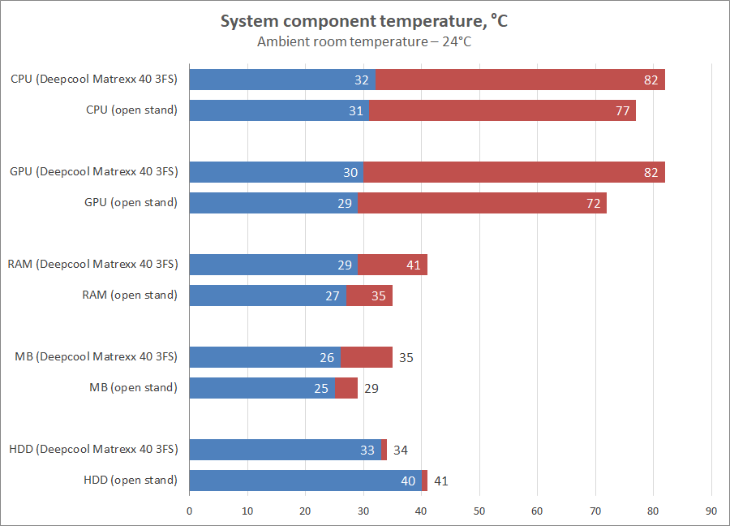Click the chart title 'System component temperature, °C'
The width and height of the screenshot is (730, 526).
click(364, 22)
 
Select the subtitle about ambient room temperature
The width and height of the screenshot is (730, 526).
click(364, 41)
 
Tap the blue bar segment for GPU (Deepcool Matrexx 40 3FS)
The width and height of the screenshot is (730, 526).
click(276, 172)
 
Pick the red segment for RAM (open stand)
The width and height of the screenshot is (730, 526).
click(369, 295)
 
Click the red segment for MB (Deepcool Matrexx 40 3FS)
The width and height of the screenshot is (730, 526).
click(367, 357)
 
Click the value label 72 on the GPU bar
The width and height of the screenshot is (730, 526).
click(594, 204)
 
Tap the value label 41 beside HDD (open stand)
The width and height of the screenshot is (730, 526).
click(440, 481)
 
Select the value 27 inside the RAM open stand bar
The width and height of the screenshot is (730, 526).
click(333, 296)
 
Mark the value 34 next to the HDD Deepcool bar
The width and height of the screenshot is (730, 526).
click(400, 451)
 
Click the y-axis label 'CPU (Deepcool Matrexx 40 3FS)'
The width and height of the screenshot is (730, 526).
click(94, 80)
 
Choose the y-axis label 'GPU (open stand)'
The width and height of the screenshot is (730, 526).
click(131, 203)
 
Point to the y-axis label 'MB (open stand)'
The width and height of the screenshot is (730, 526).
click(133, 388)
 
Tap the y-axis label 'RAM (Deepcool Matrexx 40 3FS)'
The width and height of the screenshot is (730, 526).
click(92, 265)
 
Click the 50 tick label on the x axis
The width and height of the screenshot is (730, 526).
click(479, 511)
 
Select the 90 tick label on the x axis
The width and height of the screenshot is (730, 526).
click(712, 511)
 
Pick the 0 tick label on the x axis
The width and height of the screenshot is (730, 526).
click(189, 511)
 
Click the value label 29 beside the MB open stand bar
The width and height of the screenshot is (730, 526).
click(371, 389)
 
